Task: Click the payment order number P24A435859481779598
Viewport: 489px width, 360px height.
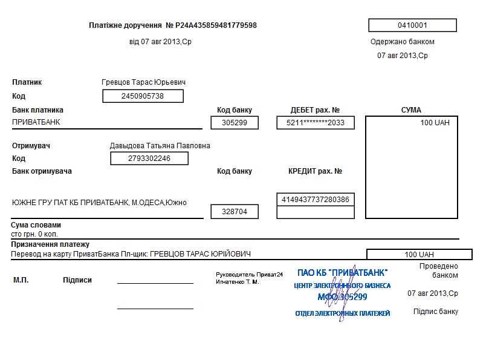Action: (x=216, y=25)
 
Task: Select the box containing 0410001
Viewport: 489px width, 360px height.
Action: (x=412, y=25)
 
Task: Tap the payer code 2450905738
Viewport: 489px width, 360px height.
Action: (x=143, y=96)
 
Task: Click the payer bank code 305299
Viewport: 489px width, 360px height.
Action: (x=235, y=123)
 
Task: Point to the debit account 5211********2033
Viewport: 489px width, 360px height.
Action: (x=316, y=123)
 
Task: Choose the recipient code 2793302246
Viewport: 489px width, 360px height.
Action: (x=149, y=159)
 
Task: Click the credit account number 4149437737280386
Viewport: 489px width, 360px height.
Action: (x=316, y=199)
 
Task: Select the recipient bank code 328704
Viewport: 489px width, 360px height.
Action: (x=235, y=212)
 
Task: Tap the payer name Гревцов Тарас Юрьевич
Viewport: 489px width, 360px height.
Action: (x=143, y=82)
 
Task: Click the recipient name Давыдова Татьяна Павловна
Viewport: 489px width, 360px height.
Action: (x=160, y=146)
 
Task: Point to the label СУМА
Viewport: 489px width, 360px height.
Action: (x=411, y=110)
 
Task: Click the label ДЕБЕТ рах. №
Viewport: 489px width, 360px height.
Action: (x=315, y=110)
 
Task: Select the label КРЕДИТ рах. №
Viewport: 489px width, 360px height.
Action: (x=315, y=171)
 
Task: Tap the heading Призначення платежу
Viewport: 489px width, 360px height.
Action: (x=50, y=244)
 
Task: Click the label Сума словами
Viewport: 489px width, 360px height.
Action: (x=36, y=225)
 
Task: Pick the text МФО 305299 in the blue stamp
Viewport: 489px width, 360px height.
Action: (x=342, y=297)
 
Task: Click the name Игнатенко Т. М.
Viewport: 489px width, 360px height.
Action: (x=237, y=282)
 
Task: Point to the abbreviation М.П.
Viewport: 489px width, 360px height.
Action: (x=21, y=280)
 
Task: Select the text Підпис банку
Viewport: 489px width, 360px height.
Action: (x=435, y=312)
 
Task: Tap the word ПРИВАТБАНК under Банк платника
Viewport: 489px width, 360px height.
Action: (x=36, y=122)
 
